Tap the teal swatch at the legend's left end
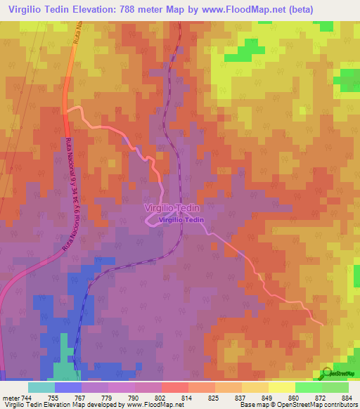(x=41, y=387)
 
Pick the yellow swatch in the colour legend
(x=281, y=387)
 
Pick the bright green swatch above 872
(x=308, y=387)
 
